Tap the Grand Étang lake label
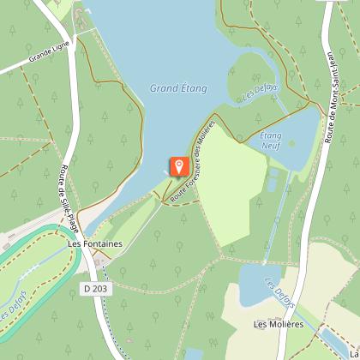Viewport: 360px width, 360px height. point(177,87)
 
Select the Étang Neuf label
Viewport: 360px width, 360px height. point(271,141)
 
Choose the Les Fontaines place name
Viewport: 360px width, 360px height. point(95,244)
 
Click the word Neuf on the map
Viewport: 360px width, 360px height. point(271,146)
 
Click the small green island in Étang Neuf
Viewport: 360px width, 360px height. point(273,181)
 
